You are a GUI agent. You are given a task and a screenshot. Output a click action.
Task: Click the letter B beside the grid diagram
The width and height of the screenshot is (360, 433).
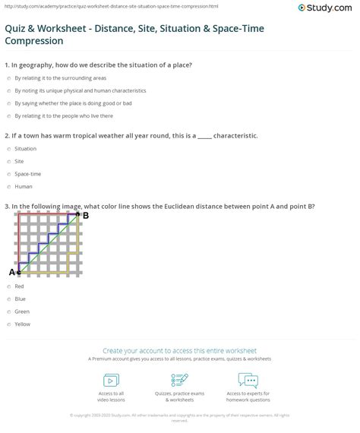(86, 215)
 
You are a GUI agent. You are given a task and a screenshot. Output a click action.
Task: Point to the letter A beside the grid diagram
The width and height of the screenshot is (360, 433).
(11, 271)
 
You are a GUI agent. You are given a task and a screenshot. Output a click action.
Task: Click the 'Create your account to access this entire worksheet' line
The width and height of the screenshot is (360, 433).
(180, 351)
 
